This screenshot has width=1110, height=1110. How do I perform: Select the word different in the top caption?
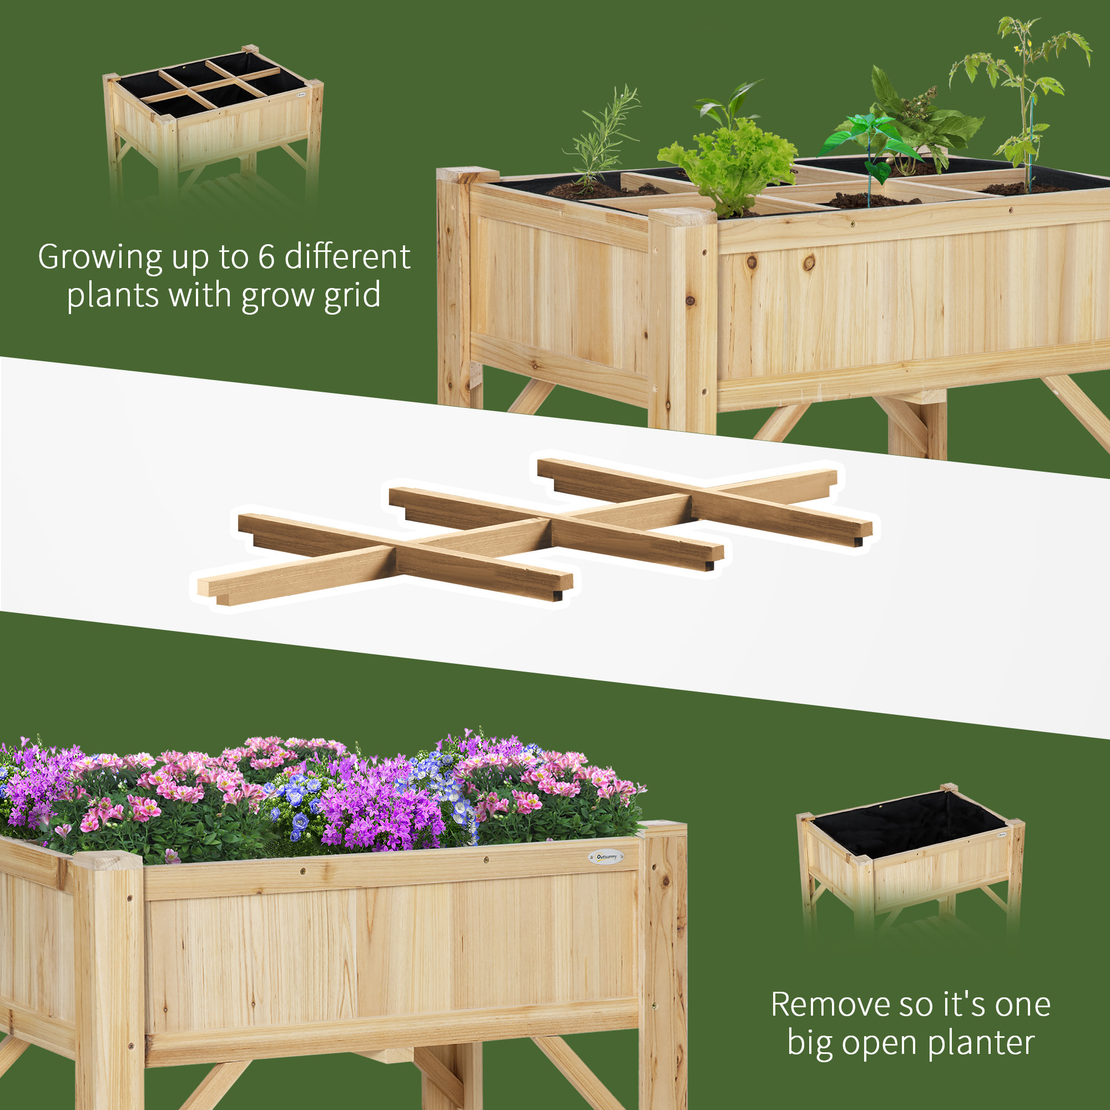tap(347, 257)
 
